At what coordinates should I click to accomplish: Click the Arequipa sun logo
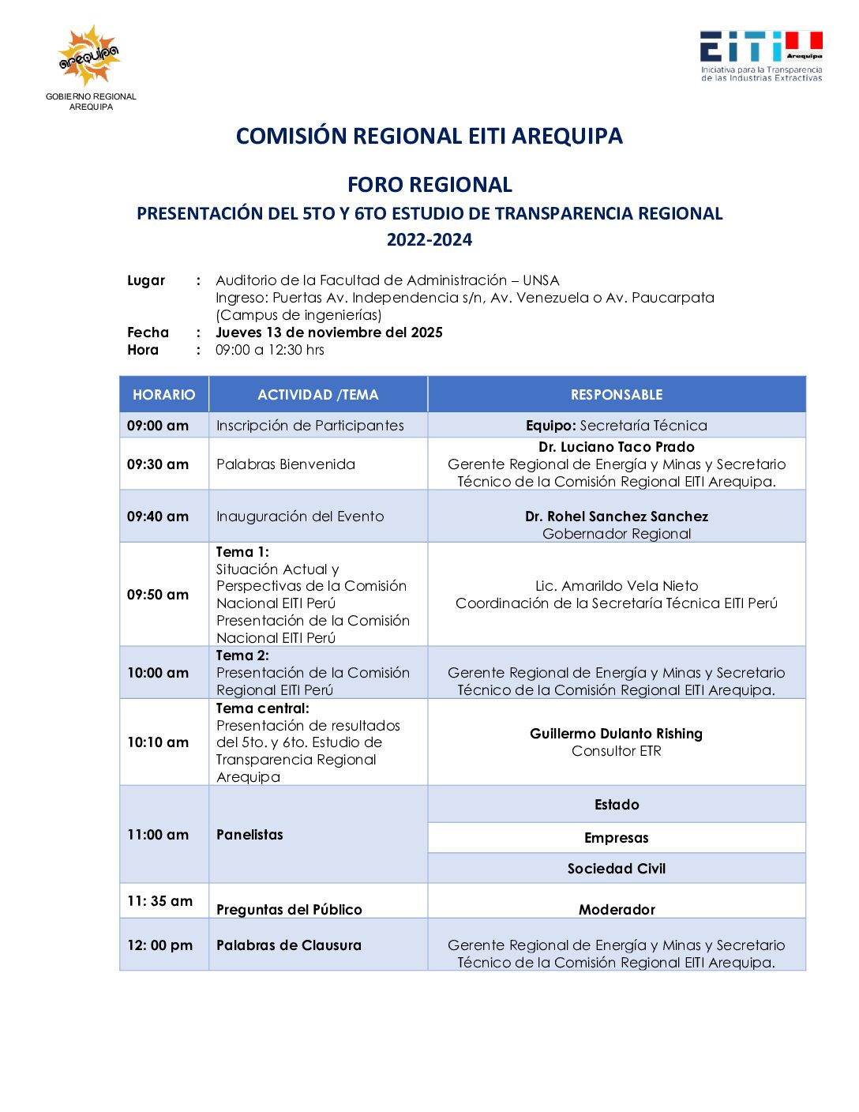[x=90, y=55]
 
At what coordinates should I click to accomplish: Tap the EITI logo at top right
[x=761, y=55]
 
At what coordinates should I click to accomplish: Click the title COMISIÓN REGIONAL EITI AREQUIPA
[x=429, y=136]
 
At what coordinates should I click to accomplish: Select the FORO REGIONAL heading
[x=429, y=185]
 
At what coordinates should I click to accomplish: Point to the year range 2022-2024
[x=429, y=240]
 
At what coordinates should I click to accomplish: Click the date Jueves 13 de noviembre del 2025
[x=328, y=332]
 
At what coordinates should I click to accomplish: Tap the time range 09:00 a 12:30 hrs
[x=269, y=350]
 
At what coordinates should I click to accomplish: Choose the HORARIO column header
[x=163, y=395]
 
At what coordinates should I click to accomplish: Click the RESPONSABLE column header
[x=617, y=395]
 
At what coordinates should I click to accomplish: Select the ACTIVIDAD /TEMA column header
[x=318, y=395]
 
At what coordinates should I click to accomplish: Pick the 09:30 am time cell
[x=158, y=464]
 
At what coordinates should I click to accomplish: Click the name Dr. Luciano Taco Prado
[x=617, y=447]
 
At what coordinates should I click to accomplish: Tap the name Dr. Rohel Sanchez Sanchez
[x=617, y=517]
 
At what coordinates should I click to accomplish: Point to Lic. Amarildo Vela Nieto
[x=617, y=586]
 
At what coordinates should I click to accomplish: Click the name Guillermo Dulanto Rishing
[x=617, y=734]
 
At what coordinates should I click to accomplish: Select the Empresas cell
[x=617, y=838]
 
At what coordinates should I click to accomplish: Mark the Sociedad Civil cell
[x=617, y=869]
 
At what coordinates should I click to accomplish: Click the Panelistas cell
[x=249, y=835]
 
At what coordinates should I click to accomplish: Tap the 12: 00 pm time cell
[x=160, y=945]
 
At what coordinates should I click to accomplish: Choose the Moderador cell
[x=617, y=910]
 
